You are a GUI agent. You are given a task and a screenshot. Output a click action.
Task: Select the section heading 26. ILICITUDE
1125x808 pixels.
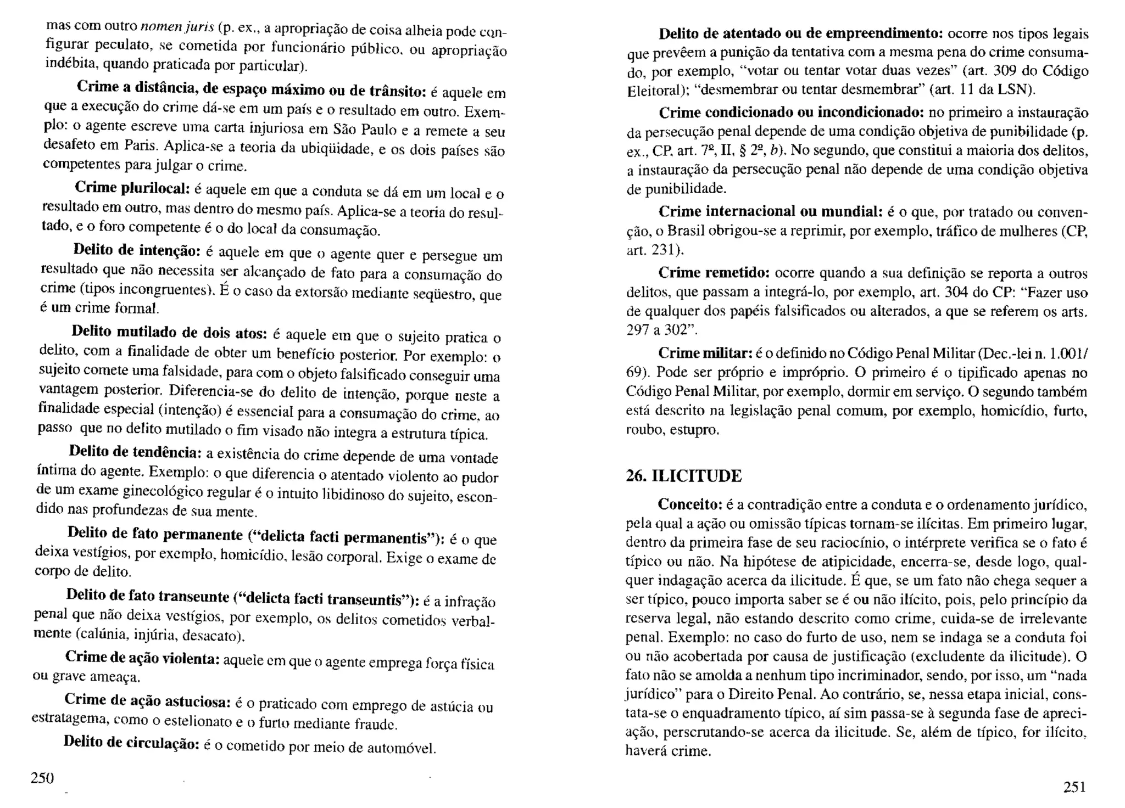tap(683, 475)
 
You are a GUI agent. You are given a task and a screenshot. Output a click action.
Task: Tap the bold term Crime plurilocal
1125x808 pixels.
tap(132, 188)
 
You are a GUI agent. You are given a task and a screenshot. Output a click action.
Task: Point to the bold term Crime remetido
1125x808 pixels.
tap(716, 273)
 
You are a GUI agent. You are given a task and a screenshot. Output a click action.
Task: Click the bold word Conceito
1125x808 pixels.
tap(691, 504)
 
